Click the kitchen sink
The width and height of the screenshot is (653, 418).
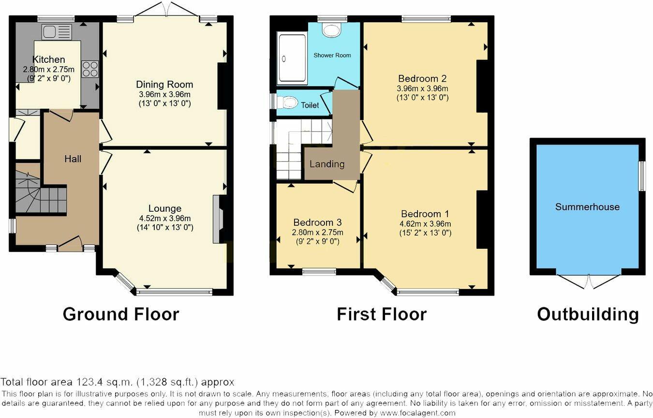click(x=56, y=32)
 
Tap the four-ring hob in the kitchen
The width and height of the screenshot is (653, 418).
click(x=90, y=69)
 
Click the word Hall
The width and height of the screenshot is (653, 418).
click(x=73, y=159)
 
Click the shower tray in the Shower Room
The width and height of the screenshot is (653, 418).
click(x=292, y=58)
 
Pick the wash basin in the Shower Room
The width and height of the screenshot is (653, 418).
click(x=332, y=31)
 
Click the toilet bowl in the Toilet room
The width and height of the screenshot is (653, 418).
click(x=289, y=102)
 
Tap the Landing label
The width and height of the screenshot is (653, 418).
click(x=327, y=164)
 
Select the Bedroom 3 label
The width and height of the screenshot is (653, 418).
click(x=317, y=222)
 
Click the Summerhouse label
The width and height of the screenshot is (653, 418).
click(x=587, y=207)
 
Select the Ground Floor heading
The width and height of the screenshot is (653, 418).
click(x=121, y=314)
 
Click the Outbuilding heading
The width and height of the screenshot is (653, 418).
click(x=588, y=314)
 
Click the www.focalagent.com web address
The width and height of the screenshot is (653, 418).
click(x=417, y=413)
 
